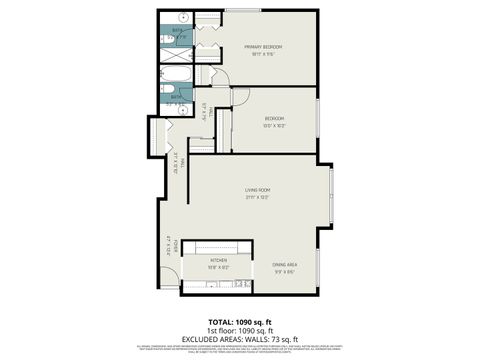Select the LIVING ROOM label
258,192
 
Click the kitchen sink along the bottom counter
212,285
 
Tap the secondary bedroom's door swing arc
240,96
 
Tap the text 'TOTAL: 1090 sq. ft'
240,320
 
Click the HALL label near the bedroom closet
203,111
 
